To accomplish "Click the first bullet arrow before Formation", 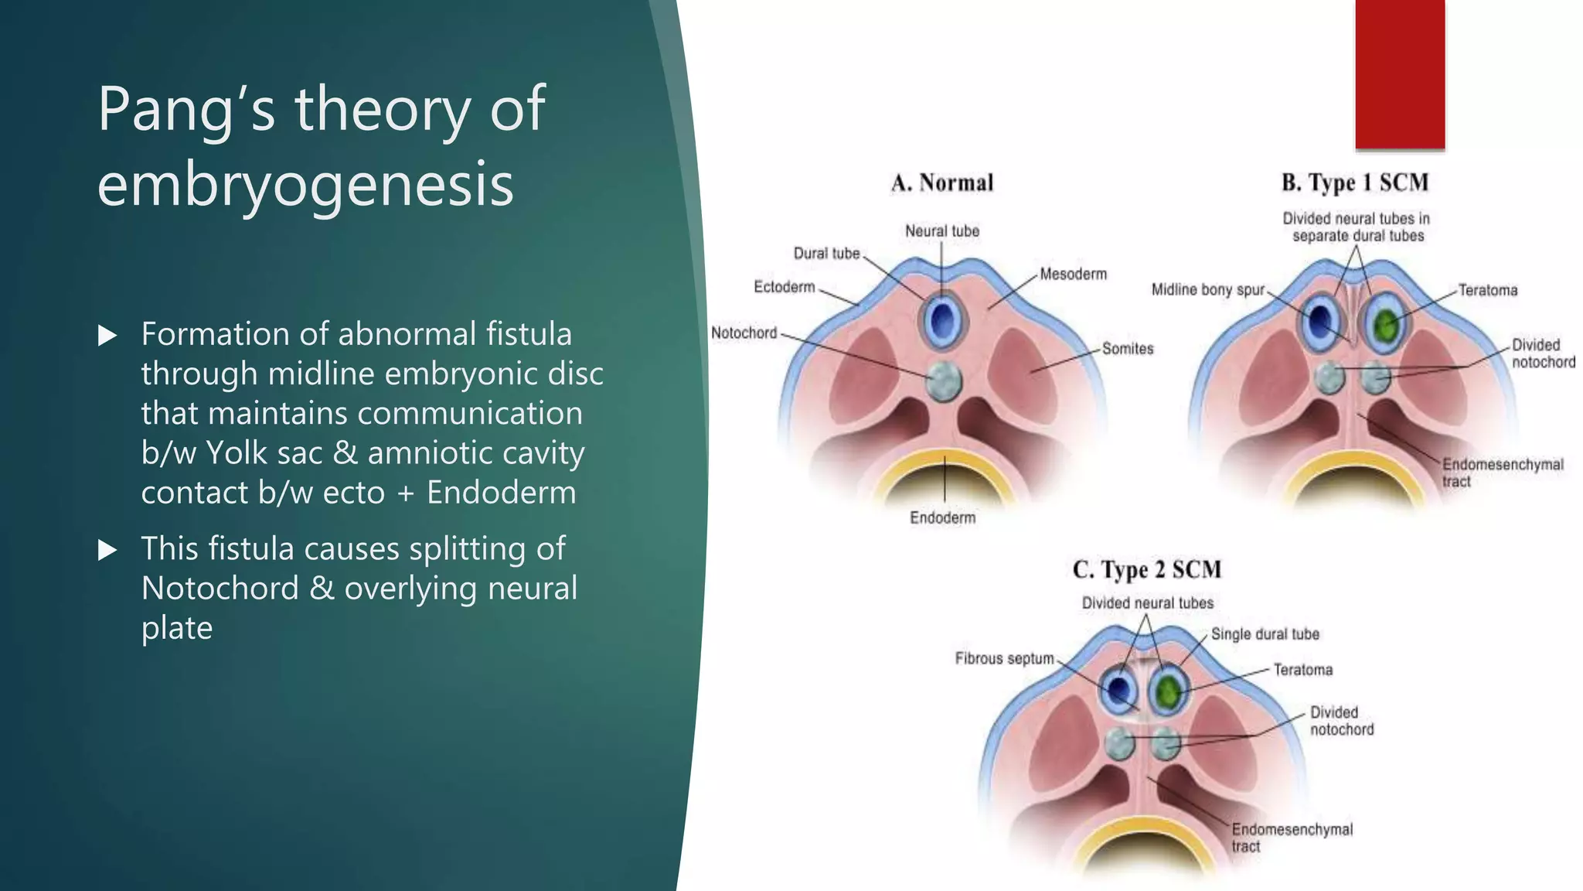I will coord(107,336).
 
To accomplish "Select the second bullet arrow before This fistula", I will coord(107,550).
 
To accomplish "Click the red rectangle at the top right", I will coord(1400,73).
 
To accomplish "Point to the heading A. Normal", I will coord(941,183).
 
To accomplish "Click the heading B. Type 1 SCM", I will coord(1354,183).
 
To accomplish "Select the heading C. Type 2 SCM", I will coord(1146,570).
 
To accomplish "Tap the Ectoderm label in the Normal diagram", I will coord(784,287).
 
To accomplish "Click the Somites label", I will coord(1127,349).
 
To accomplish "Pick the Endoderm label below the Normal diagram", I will coord(942,517).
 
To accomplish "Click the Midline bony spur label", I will coord(1207,290).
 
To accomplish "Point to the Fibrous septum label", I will coord(1004,658).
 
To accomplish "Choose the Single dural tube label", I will coord(1265,634).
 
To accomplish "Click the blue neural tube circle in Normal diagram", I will coord(941,320).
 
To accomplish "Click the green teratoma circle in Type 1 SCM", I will coord(1387,324).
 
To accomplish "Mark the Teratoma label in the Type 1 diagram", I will coord(1487,291).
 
